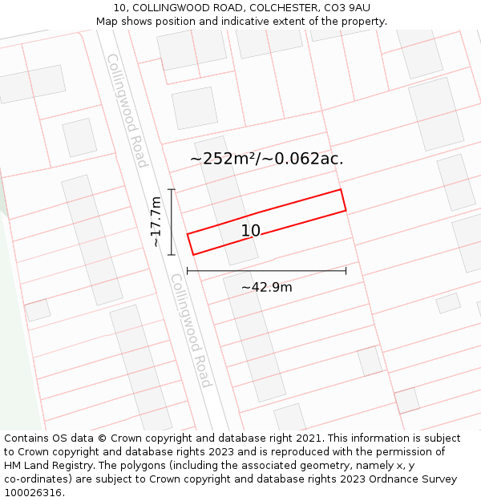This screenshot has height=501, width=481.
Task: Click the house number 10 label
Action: (251, 231)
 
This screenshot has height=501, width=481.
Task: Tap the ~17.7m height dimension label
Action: (156, 221)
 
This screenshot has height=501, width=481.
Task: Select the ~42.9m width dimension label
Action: (267, 287)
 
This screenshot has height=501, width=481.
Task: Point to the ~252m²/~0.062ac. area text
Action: (266, 159)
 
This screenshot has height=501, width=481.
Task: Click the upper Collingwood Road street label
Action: (127, 111)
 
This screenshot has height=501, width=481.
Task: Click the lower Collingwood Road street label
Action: (191, 330)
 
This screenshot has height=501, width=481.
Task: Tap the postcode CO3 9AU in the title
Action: (347, 8)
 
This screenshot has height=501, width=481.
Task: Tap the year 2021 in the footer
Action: (309, 438)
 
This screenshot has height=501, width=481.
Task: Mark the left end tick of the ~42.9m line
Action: (187, 271)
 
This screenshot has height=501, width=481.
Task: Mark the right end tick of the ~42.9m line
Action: (346, 271)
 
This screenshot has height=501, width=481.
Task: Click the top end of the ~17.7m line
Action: (171, 189)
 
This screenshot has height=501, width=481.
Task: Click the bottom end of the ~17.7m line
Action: (171, 255)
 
